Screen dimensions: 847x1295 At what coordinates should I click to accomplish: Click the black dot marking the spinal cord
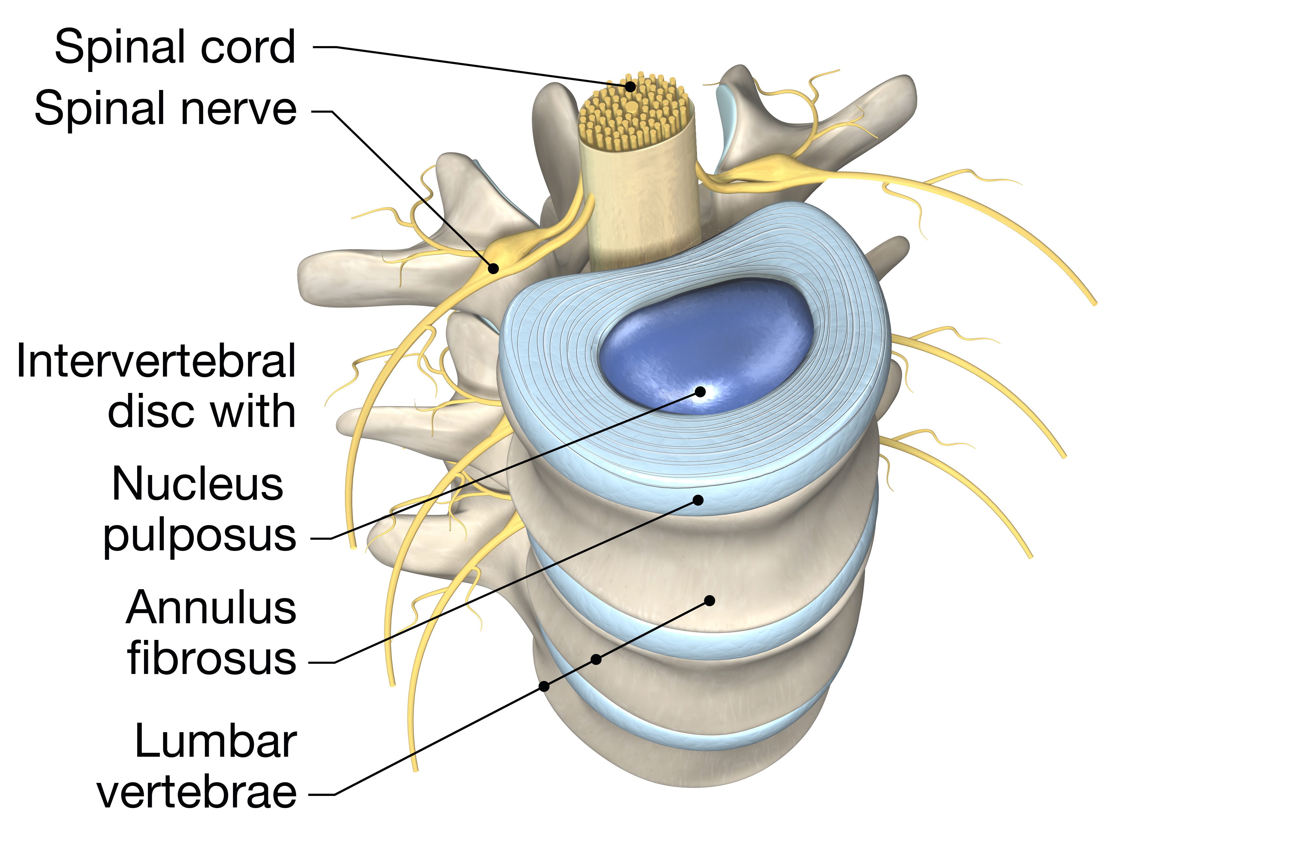[630, 86]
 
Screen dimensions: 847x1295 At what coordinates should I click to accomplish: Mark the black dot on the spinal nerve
[493, 268]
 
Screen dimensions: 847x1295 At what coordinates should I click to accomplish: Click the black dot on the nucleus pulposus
[700, 391]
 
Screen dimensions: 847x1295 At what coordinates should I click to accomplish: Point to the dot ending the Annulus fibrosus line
[698, 500]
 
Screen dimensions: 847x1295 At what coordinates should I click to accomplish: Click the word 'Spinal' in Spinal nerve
[99, 109]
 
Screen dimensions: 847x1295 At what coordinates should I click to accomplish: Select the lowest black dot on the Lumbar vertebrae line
[544, 686]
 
